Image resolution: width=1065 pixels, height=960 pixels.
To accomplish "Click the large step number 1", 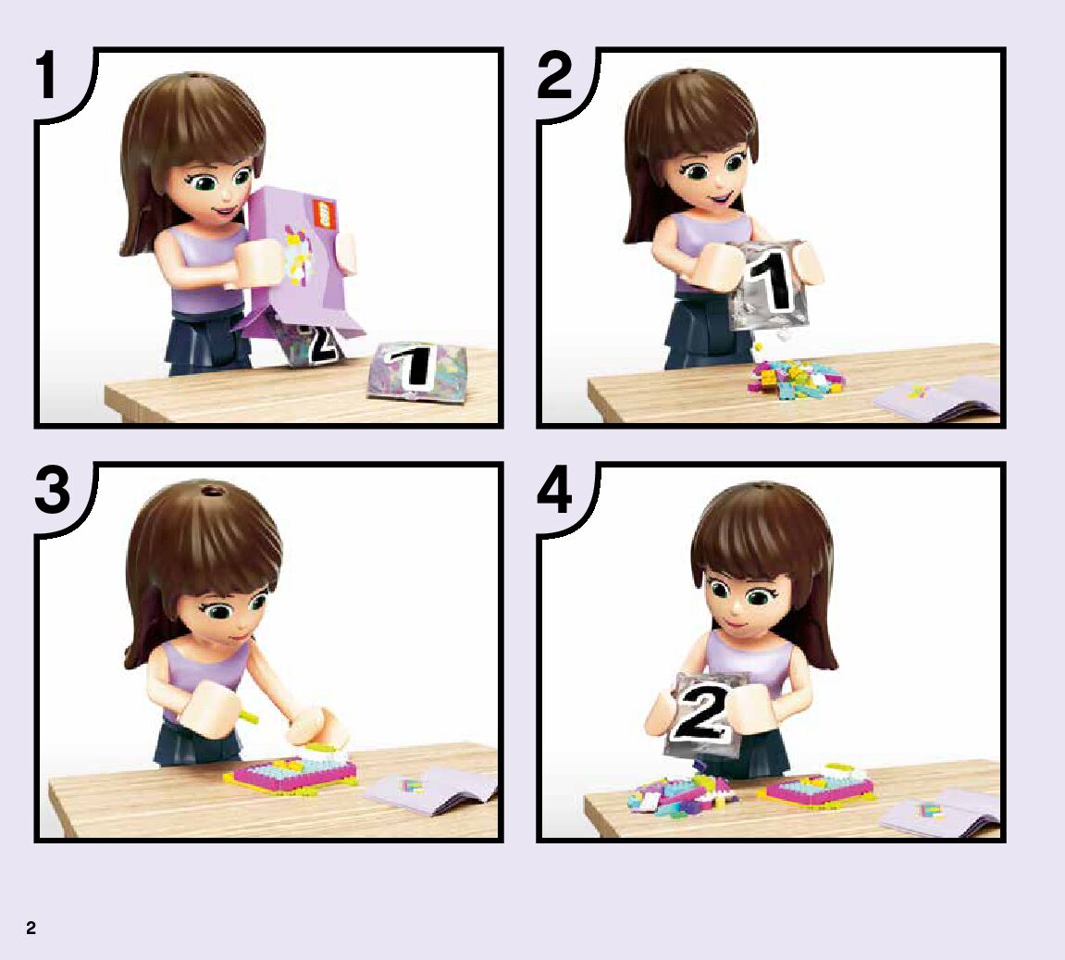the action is point(46,75).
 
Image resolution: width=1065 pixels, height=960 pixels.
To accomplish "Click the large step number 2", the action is point(554,75).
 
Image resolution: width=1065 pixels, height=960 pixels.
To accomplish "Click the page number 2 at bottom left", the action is point(31,929).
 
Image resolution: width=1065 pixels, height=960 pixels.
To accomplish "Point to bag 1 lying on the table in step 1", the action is point(416,371).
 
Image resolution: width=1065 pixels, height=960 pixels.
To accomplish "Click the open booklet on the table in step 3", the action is point(430,791).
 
